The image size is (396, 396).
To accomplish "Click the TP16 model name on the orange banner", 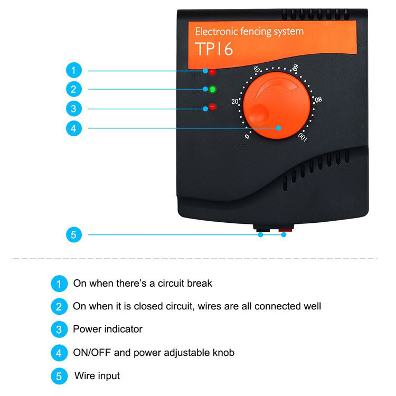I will [214, 49].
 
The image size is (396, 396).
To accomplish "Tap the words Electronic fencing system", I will [249, 31].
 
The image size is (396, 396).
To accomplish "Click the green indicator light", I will [212, 89].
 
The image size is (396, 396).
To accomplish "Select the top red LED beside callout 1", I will [212, 71].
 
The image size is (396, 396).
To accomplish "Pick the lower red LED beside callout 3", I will [212, 107].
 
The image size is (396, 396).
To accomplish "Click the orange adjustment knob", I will [276, 107].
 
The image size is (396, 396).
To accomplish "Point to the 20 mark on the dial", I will [235, 102].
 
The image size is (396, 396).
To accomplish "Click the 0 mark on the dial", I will [247, 136].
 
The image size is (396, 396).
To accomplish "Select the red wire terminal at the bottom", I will [286, 230].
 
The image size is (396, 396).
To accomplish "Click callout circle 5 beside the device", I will [74, 234].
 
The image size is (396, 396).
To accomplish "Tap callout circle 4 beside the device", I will [74, 128].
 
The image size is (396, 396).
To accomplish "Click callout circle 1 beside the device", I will [74, 70].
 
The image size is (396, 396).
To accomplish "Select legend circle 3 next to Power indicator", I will [59, 329].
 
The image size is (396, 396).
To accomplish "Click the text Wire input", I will [97, 376].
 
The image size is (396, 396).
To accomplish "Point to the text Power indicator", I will [108, 329].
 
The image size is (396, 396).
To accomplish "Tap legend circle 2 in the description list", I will [59, 306].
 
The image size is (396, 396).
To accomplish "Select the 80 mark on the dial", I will [317, 99].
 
